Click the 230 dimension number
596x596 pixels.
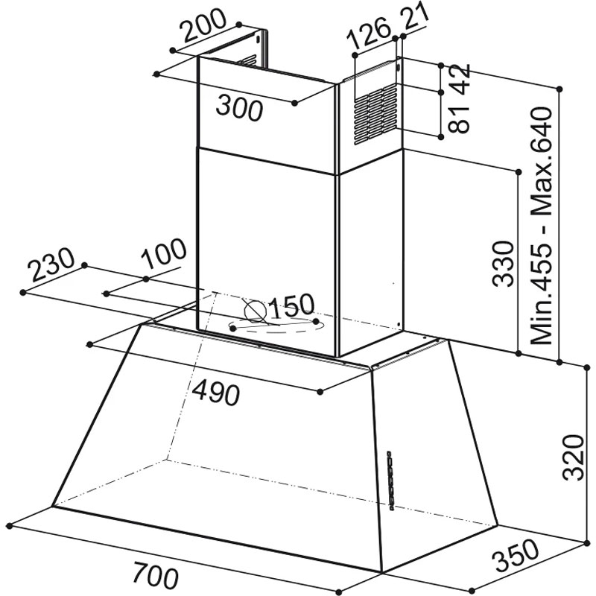click(51, 265)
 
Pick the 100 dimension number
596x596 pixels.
click(163, 253)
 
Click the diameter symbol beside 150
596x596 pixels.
click(255, 311)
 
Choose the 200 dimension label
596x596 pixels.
click(203, 25)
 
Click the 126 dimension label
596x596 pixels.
click(368, 33)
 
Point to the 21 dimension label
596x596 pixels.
click(416, 17)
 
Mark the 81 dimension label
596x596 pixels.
click(459, 119)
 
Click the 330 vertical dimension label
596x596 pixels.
click(503, 264)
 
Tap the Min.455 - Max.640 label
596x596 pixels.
click(541, 226)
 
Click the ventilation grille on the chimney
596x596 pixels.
click(375, 114)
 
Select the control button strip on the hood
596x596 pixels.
click(389, 480)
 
